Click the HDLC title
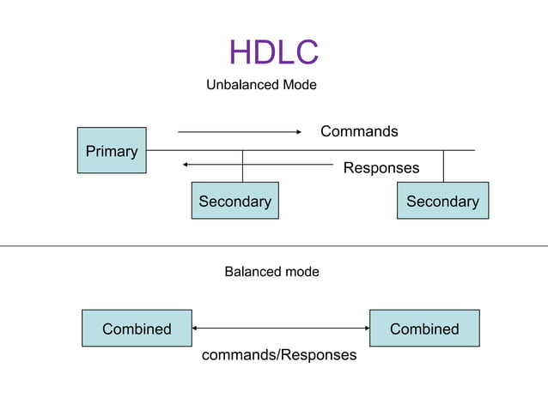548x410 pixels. pyautogui.click(x=273, y=52)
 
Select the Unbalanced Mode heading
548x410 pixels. pyautogui.click(x=261, y=85)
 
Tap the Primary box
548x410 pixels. pyautogui.click(x=112, y=150)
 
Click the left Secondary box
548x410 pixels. pyautogui.click(x=234, y=201)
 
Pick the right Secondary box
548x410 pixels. pyautogui.click(x=442, y=201)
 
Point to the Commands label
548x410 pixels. pyautogui.click(x=359, y=131)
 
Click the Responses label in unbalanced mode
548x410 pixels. pyautogui.click(x=381, y=168)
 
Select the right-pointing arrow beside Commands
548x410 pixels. pyautogui.click(x=239, y=132)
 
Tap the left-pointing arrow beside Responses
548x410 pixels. pyautogui.click(x=258, y=164)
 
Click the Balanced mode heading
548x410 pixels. pyautogui.click(x=271, y=272)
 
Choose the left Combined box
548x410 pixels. pyautogui.click(x=137, y=329)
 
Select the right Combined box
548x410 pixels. pyautogui.click(x=424, y=329)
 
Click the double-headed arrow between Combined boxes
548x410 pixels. pyautogui.click(x=281, y=329)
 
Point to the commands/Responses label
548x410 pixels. pyautogui.click(x=278, y=354)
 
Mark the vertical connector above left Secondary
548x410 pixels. pyautogui.click(x=242, y=166)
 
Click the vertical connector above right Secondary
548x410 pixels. pyautogui.click(x=443, y=166)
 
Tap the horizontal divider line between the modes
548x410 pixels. pyautogui.click(x=274, y=246)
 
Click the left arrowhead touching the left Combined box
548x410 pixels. pyautogui.click(x=196, y=329)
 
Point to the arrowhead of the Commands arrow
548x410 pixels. pyautogui.click(x=298, y=132)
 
